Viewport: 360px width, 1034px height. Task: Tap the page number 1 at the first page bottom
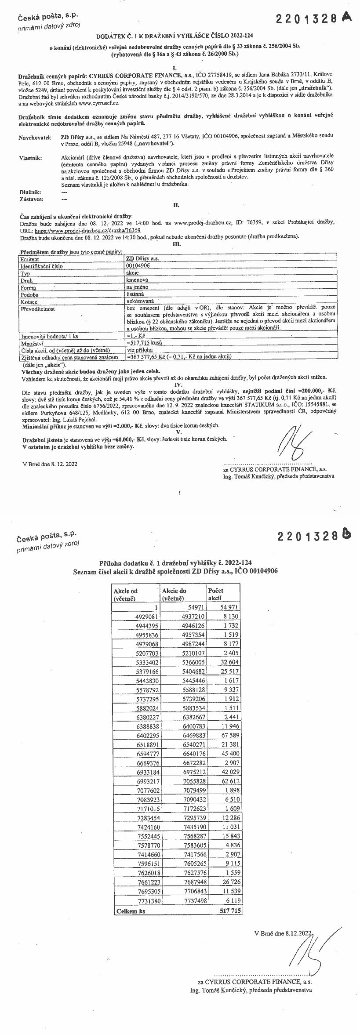click(x=180, y=493)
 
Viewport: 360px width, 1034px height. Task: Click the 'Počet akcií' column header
click(x=215, y=594)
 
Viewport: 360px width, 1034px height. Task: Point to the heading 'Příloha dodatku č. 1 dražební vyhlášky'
click(x=176, y=563)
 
